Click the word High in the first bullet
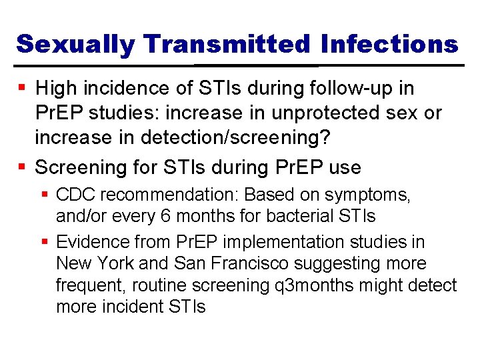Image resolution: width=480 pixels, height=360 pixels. click(x=57, y=88)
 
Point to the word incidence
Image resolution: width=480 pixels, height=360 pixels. click(x=127, y=88)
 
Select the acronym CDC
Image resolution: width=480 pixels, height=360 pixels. click(x=75, y=195)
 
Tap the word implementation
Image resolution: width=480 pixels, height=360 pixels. click(x=289, y=241)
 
